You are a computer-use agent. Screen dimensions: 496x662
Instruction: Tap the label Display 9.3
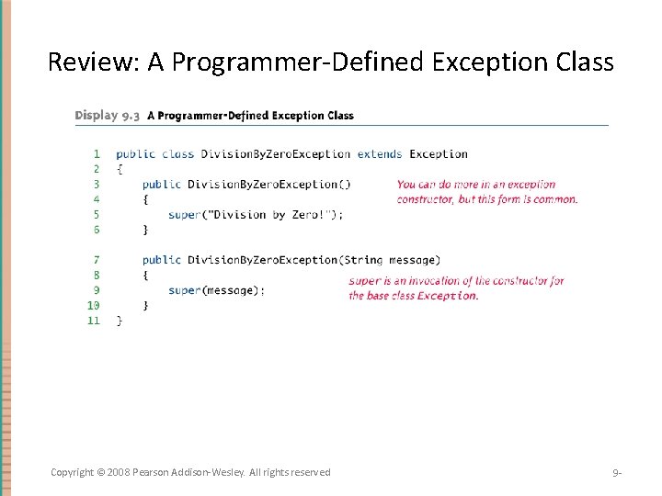[x=108, y=116]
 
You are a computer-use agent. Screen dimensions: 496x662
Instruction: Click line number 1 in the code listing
[x=97, y=154]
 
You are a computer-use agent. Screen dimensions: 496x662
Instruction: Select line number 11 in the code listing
[x=93, y=321]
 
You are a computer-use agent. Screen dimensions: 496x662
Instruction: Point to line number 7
[x=97, y=260]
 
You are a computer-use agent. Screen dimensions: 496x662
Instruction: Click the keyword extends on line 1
[x=380, y=154]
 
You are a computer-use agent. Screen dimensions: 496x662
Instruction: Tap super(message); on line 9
[x=216, y=290]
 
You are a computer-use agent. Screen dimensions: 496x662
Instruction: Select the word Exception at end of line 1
[x=439, y=154]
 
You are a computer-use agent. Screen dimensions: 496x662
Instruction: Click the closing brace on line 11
[x=120, y=321]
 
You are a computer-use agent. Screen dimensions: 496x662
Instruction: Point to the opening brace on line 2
[x=120, y=169]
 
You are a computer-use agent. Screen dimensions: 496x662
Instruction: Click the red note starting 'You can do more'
[x=476, y=185]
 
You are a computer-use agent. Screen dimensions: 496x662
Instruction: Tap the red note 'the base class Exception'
[x=413, y=296]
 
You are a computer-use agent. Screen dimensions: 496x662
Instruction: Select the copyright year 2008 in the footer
[x=119, y=472]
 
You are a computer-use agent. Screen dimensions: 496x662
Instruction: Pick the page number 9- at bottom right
[x=617, y=473]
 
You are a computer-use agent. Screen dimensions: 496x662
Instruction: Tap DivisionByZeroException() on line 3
[x=268, y=185]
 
